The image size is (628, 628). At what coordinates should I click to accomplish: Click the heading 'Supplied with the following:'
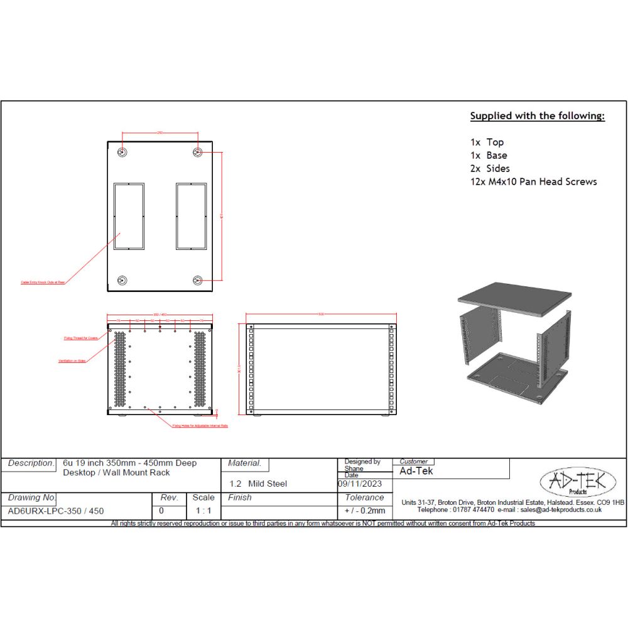click(x=538, y=116)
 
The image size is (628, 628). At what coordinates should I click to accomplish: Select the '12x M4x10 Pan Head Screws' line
click(x=534, y=182)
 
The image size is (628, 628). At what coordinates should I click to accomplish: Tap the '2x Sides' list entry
click(x=490, y=168)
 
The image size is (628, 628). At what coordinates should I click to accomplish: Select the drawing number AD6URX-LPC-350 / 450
click(x=57, y=511)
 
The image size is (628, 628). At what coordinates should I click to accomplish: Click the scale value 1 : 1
click(x=203, y=511)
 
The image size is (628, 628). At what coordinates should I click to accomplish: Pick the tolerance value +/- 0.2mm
click(x=364, y=511)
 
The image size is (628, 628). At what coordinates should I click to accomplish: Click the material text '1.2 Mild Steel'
click(x=258, y=484)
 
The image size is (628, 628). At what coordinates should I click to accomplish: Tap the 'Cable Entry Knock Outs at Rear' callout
click(x=43, y=283)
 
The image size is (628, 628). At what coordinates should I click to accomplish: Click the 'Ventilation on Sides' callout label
click(x=72, y=361)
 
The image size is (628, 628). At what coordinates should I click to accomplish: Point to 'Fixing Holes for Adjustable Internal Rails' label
click(x=200, y=426)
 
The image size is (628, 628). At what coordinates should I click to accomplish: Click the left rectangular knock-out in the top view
click(x=129, y=216)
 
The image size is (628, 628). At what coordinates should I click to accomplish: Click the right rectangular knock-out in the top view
click(x=192, y=216)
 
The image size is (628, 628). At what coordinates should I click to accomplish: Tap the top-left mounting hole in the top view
click(x=122, y=152)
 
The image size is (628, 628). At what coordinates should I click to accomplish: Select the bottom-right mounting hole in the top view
click(x=198, y=281)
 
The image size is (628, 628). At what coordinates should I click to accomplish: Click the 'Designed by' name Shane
click(x=354, y=468)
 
